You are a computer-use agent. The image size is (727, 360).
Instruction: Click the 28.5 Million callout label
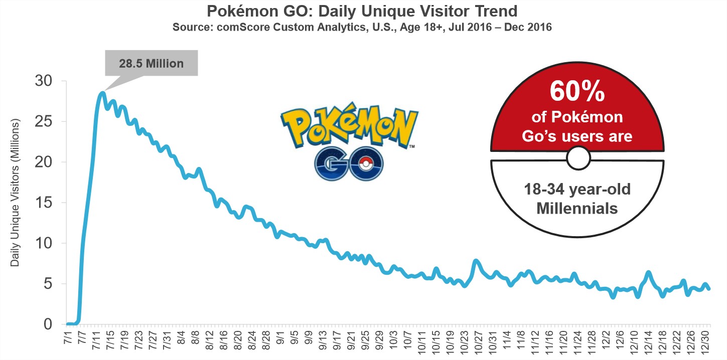[152, 64]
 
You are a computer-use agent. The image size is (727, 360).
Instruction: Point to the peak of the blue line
[102, 93]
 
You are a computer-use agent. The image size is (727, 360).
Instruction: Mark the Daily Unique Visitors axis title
[15, 193]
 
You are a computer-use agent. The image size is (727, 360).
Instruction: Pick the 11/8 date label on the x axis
[522, 342]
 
